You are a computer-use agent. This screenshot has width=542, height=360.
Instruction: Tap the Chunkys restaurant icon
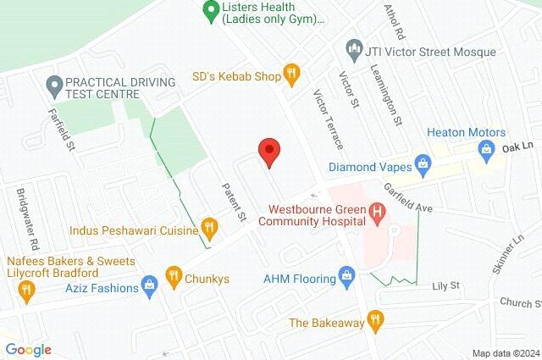173,274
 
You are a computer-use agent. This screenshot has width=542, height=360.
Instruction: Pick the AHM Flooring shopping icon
346,276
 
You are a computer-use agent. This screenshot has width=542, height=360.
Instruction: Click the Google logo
28,349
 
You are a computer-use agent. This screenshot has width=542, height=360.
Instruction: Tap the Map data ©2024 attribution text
505,352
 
